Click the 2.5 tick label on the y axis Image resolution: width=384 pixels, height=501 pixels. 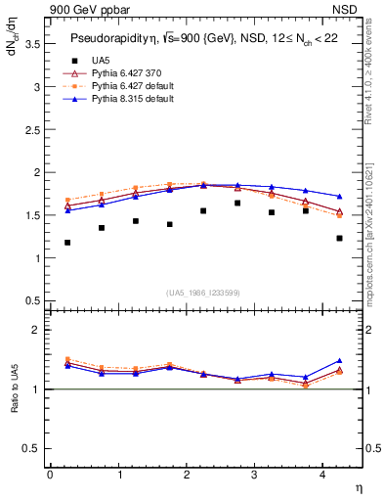pyautogui.click(x=36, y=129)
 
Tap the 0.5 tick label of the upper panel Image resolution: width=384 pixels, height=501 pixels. pyautogui.click(x=36, y=300)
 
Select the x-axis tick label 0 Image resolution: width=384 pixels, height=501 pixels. pyautogui.click(x=50, y=474)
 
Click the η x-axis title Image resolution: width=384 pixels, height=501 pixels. pyautogui.click(x=358, y=486)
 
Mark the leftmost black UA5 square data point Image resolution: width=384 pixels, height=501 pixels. pyautogui.click(x=67, y=243)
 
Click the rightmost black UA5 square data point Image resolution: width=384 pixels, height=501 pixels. pyautogui.click(x=339, y=238)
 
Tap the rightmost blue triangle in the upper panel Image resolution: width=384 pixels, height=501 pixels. pyautogui.click(x=339, y=197)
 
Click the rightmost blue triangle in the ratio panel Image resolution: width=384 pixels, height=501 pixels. pyautogui.click(x=339, y=361)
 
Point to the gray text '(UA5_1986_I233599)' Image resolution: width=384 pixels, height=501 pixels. pyautogui.click(x=204, y=293)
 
